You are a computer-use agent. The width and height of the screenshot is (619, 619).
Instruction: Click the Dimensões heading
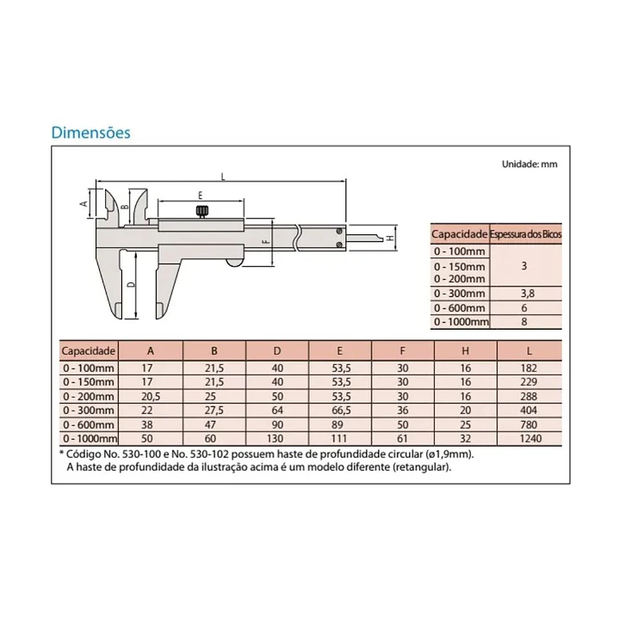click(90, 133)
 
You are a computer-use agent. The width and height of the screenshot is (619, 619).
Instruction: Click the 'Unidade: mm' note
click(529, 164)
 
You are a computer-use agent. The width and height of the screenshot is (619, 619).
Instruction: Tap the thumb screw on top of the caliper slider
click(202, 212)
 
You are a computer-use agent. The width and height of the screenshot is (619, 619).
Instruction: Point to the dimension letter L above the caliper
click(223, 176)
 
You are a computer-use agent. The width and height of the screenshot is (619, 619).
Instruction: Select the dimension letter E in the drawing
click(200, 195)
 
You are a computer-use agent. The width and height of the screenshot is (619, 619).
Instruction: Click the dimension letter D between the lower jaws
click(132, 285)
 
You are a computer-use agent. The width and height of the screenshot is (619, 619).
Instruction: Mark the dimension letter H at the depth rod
click(390, 238)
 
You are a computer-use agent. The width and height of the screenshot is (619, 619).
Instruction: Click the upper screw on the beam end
click(339, 231)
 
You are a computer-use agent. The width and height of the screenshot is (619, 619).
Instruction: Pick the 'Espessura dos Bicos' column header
click(525, 234)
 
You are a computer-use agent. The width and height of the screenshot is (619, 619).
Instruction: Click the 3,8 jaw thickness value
click(523, 294)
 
